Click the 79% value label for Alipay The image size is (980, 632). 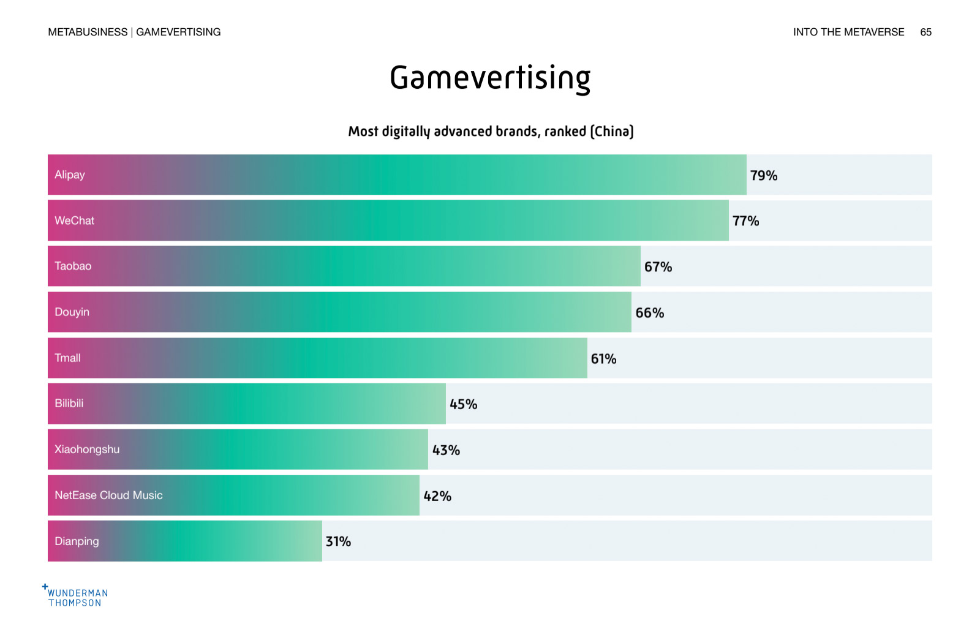pos(764,176)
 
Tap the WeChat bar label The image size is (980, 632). pos(75,220)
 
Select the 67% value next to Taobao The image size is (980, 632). pos(658,267)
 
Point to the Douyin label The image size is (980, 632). pos(72,312)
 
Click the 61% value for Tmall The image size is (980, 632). pos(603,359)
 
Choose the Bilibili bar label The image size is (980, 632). pos(69,404)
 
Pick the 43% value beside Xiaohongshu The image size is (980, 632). pos(446,450)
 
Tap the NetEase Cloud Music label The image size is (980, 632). pos(108,495)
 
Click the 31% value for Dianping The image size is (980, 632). pos(338,541)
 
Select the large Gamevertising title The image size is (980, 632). pos(490,78)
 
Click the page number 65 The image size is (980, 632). pos(925,32)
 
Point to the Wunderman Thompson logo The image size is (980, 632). pos(76,596)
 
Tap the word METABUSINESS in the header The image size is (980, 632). pos(88,32)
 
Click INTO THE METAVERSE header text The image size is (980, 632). pos(848,32)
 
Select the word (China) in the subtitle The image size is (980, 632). pos(611,131)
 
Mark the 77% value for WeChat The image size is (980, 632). pos(745,221)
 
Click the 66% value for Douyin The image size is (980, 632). pos(649,313)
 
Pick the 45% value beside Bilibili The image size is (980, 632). pos(463,404)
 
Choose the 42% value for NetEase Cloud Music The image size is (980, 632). pos(437,496)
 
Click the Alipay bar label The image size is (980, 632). pos(70,175)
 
